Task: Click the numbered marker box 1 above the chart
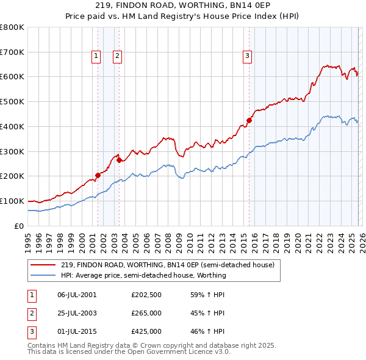(96, 57)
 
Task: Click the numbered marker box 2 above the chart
(117, 57)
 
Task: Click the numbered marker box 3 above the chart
(248, 57)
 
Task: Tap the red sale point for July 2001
(98, 175)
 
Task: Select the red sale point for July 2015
(249, 120)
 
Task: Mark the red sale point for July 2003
(120, 160)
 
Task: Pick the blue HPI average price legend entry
(143, 275)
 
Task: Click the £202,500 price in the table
(146, 295)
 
